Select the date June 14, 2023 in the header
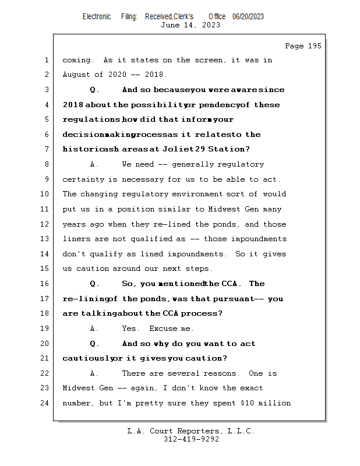[x=190, y=25]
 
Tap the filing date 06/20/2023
[x=248, y=17]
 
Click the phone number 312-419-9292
[x=191, y=440]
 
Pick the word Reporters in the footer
[x=195, y=431]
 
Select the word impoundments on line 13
[x=260, y=239]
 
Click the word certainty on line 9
[x=82, y=179]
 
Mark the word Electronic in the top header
[x=97, y=17]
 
